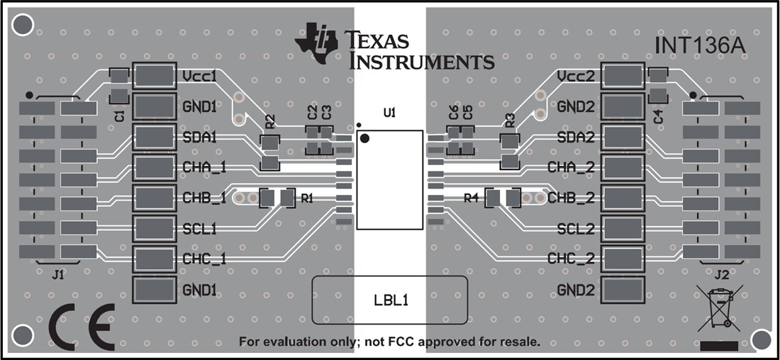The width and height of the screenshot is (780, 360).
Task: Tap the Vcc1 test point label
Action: pos(199,76)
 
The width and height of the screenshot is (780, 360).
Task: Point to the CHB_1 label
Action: pos(204,198)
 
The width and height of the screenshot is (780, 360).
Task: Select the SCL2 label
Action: pos(575,229)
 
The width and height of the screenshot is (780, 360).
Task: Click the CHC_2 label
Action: pos(571,259)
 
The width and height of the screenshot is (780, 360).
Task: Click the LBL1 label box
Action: pos(390,300)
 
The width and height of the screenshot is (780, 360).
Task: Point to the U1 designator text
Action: pos(389,112)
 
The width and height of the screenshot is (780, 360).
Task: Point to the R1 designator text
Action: pos(307,199)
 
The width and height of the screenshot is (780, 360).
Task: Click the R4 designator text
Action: pos(472,198)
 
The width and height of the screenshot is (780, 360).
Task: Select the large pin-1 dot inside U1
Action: pos(365,138)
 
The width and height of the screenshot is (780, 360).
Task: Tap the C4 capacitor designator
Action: pos(658,117)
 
